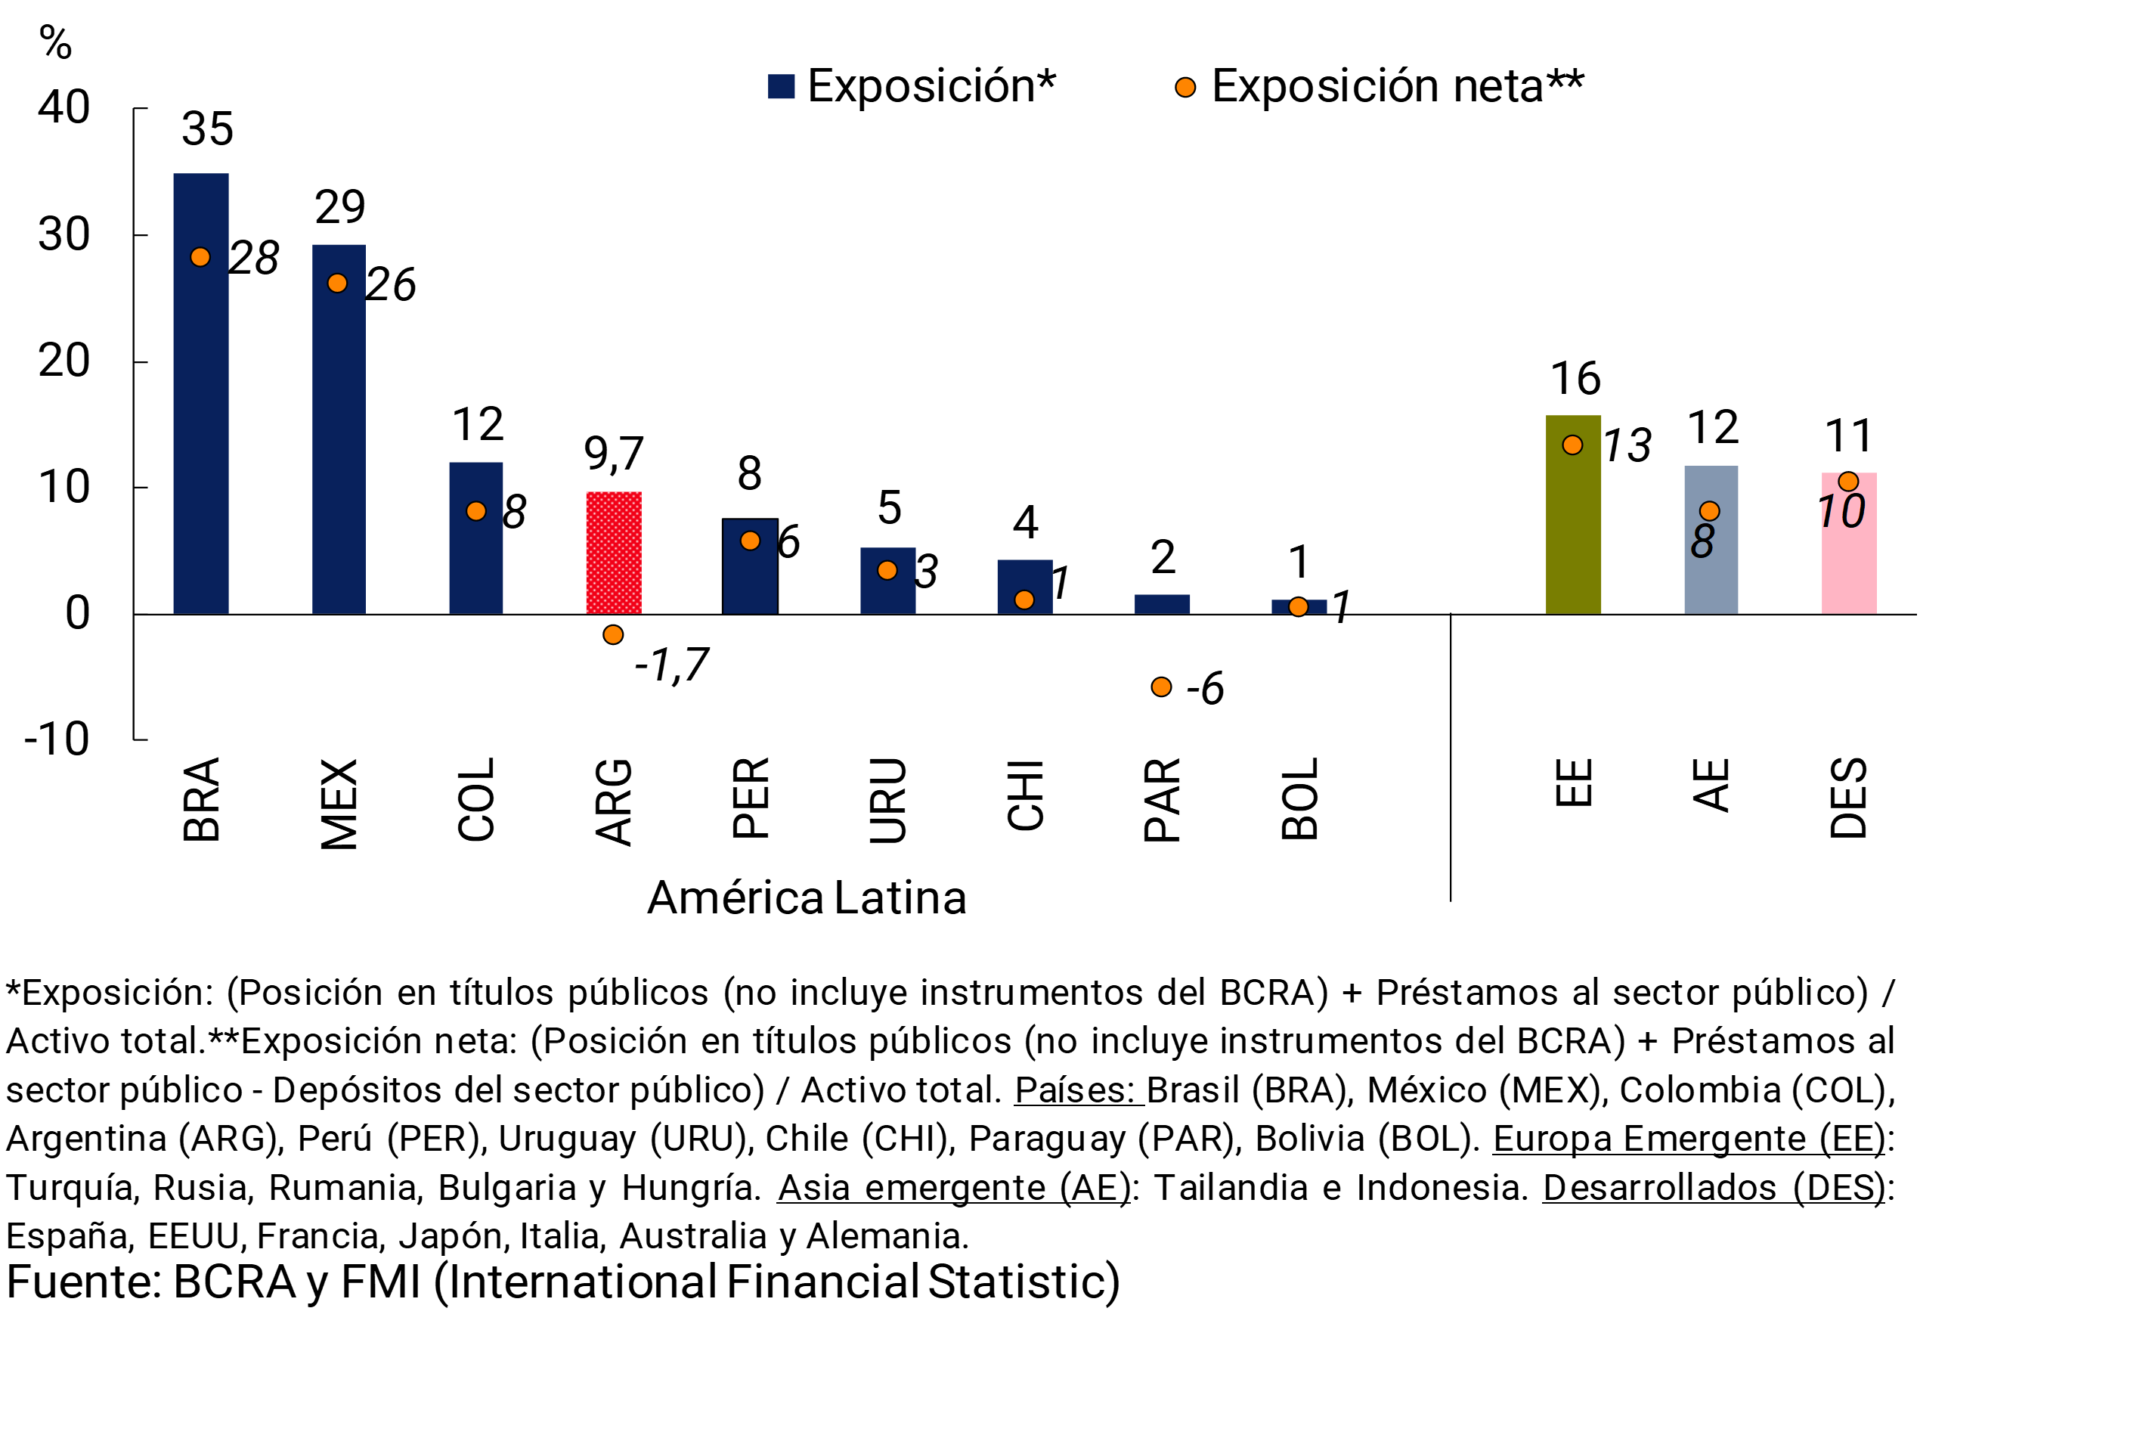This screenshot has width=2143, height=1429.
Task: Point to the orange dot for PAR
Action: (1161, 687)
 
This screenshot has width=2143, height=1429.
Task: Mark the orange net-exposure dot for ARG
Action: (613, 634)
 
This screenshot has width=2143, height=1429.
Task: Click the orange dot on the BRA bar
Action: (200, 257)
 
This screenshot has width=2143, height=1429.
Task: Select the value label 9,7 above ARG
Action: (613, 452)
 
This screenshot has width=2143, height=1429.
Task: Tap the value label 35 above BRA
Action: (208, 129)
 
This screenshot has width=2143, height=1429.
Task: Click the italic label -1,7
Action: (671, 665)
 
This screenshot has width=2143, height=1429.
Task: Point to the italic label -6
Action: (1204, 688)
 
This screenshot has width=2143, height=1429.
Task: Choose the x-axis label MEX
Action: (339, 804)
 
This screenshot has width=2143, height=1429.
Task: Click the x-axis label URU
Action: (887, 800)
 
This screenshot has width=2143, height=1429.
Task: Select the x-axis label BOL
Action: (1299, 798)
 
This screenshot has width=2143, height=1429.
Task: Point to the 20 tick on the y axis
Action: (63, 361)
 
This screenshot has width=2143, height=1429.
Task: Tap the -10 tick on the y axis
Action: (57, 739)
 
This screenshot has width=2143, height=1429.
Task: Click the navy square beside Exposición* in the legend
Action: (781, 87)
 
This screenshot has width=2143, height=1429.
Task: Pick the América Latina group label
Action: (807, 897)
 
